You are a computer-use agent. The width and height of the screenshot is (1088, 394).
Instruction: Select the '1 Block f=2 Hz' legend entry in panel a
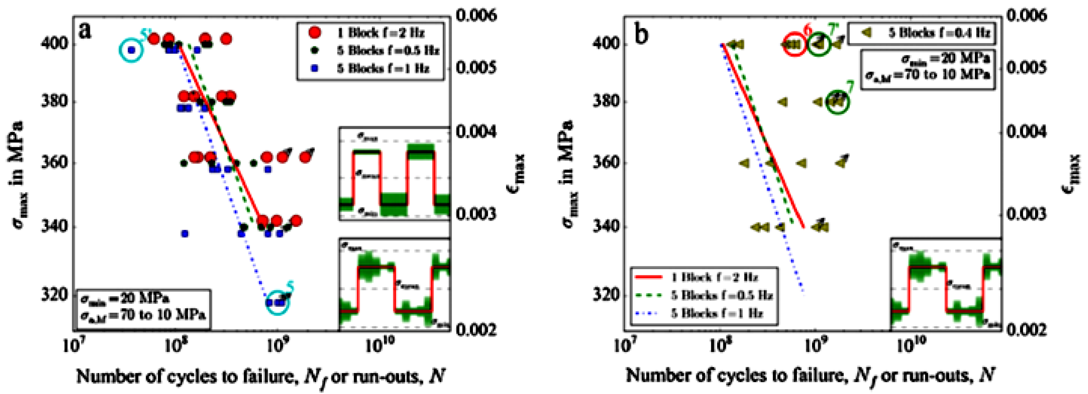click(x=370, y=33)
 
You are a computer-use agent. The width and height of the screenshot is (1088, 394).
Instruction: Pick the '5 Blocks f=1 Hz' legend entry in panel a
click(x=370, y=68)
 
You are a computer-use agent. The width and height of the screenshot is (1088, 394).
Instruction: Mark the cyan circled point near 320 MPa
click(x=278, y=302)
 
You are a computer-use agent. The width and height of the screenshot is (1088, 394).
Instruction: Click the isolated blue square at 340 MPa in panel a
click(x=185, y=234)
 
